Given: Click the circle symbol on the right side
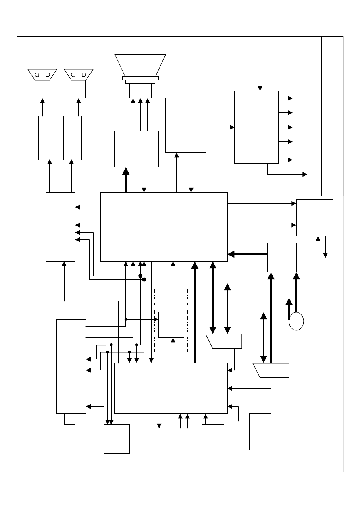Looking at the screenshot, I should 296,322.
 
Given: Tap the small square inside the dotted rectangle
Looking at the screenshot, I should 171,325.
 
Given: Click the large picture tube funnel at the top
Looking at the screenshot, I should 140,64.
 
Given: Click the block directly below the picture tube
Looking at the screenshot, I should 137,148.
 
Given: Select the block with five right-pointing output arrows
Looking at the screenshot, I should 256,127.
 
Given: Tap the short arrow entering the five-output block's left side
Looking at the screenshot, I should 229,127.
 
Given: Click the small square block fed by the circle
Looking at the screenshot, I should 282,258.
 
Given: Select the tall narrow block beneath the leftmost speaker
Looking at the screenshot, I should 48,138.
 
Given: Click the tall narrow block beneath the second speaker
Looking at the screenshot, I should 73,138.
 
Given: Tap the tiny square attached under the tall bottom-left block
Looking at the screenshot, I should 70,419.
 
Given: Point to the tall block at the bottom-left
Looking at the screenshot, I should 71,366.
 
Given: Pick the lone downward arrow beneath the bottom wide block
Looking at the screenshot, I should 159,421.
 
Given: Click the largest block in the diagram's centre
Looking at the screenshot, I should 164,226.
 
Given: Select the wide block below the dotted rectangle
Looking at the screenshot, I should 171,388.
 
